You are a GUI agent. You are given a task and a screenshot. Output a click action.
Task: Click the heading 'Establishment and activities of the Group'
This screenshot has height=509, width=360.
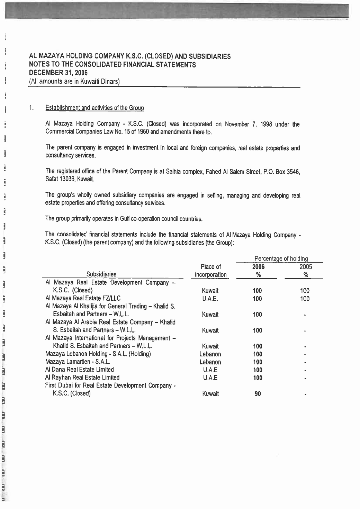tap(94, 108)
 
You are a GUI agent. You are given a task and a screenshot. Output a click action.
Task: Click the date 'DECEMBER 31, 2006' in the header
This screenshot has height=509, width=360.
tap(58, 73)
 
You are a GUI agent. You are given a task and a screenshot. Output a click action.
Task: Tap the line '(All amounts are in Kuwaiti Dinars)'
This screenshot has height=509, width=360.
tap(74, 81)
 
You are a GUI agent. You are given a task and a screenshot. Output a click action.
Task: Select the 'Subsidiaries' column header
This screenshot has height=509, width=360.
tap(101, 274)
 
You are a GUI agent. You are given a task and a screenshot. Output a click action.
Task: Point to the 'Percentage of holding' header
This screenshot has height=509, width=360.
tap(281, 259)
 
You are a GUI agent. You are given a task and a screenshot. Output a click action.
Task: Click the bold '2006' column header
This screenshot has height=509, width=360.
tap(258, 267)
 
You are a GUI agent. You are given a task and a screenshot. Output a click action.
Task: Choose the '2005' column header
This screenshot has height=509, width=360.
tap(306, 267)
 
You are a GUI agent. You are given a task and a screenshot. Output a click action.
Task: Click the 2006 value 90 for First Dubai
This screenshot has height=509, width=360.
tap(258, 394)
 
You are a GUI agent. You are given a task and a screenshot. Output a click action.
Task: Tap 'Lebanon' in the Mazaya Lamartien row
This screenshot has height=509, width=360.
tap(210, 362)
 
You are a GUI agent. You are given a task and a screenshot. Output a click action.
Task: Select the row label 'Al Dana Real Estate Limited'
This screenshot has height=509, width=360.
tap(80, 370)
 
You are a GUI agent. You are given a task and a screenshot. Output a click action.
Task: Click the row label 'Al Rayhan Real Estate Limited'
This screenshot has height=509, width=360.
tap(82, 378)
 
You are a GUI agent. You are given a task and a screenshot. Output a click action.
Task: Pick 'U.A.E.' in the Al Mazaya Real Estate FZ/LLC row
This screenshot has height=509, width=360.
tap(210, 299)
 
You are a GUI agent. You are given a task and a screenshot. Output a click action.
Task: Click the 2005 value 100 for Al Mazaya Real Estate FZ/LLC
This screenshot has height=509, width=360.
tap(305, 299)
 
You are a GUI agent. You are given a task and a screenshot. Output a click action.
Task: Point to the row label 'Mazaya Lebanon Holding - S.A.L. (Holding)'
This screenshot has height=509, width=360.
tap(98, 354)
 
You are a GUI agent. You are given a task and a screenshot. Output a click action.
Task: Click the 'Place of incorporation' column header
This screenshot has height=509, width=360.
tap(210, 271)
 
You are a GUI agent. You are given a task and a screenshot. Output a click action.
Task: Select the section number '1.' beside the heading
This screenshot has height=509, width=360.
tap(31, 108)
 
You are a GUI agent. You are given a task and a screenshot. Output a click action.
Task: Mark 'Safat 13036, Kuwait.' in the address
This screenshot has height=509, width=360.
tap(70, 179)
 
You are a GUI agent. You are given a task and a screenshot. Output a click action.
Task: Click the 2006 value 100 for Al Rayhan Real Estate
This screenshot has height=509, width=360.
tap(258, 378)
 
